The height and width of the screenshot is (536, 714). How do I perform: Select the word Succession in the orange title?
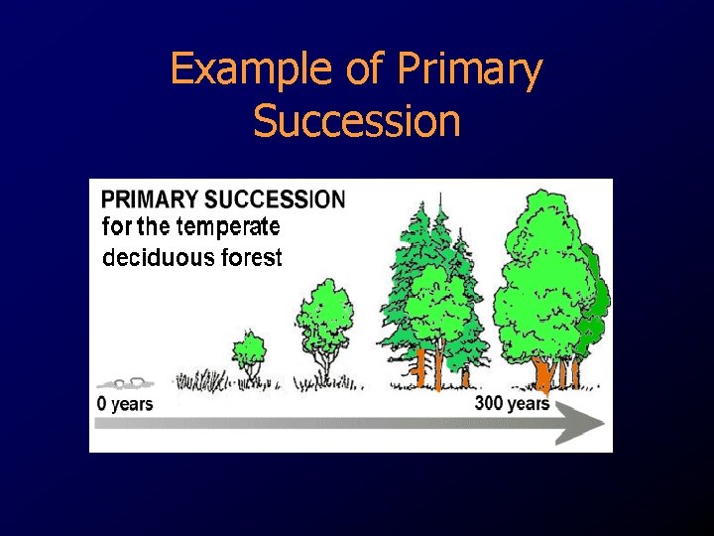[x=356, y=122]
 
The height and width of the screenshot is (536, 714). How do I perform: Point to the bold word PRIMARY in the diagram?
[x=150, y=199]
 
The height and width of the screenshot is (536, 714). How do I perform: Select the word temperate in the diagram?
[x=233, y=227]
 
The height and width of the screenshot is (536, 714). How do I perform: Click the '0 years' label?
[x=125, y=404]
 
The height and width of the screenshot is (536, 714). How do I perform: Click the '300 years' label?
[x=512, y=404]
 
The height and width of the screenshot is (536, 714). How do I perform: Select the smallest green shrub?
[x=249, y=350]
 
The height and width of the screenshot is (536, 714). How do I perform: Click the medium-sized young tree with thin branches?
[x=324, y=323]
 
